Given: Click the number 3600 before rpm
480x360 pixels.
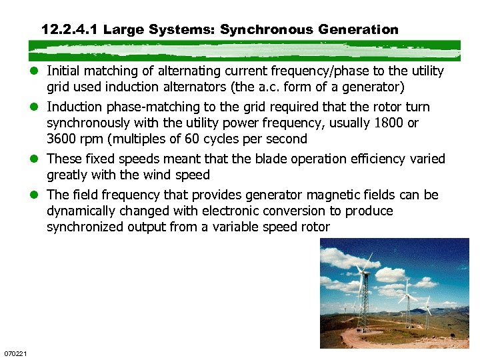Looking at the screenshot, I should tap(62, 139).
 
